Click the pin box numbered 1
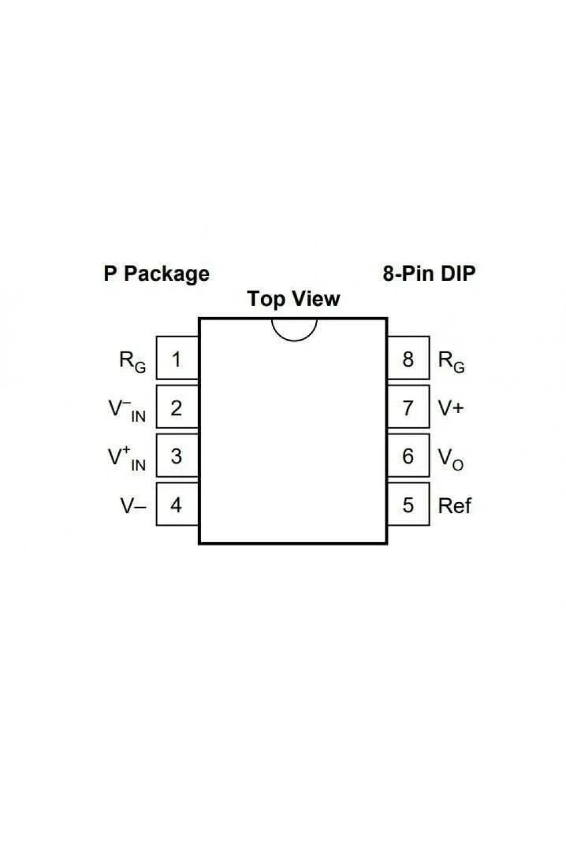[x=177, y=358]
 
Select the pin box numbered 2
[x=177, y=407]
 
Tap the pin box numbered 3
[x=177, y=455]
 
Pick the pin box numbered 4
[x=177, y=504]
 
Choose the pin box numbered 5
[x=408, y=504]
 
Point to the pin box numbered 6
[x=408, y=455]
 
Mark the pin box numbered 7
[x=408, y=407]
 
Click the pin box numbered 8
[x=408, y=358]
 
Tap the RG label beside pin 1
[x=132, y=362]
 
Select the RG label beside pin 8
[x=451, y=362]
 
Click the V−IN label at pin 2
[x=127, y=410]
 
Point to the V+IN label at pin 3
[x=127, y=458]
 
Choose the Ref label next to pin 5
[x=454, y=505]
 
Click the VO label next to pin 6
[x=451, y=460]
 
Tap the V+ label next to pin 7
[x=451, y=408]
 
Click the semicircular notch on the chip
[x=294, y=341]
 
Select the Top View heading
[x=294, y=298]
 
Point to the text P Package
[x=157, y=274]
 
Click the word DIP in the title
[x=458, y=273]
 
